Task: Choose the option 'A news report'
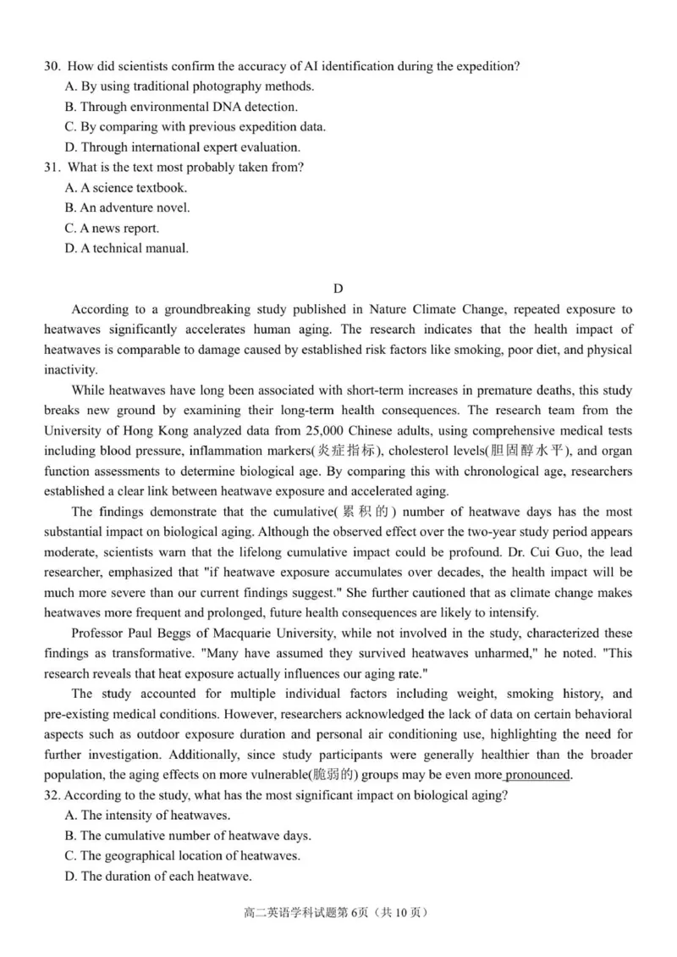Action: (112, 229)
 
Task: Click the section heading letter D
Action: (338, 290)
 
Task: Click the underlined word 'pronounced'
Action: (538, 774)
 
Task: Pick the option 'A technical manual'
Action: (126, 249)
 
